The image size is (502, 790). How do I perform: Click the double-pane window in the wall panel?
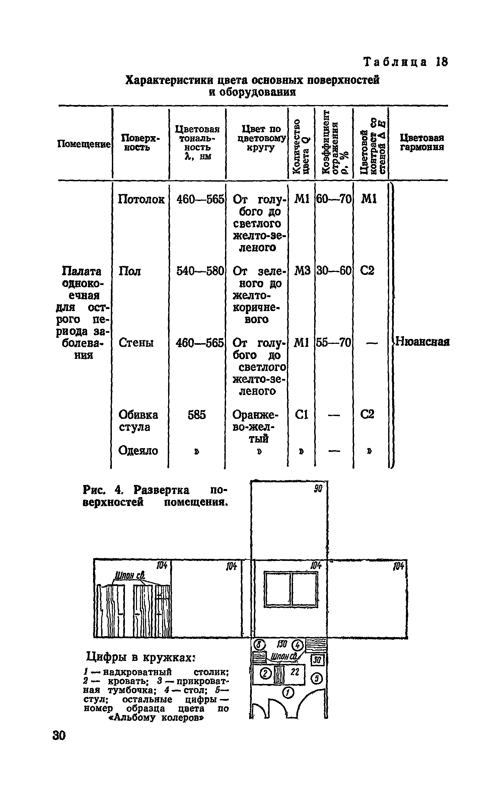291,589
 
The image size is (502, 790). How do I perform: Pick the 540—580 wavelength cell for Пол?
200,271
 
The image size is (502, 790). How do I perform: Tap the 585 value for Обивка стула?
197,415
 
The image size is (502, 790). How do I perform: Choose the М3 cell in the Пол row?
302,270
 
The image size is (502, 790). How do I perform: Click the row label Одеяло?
138,451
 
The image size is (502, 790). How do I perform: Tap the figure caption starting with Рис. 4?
155,496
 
